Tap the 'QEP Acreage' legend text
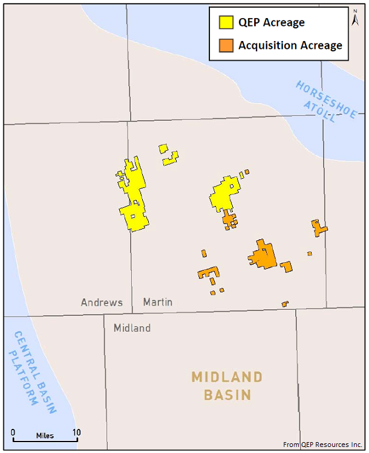click(x=272, y=23)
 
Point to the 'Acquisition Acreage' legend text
click(x=290, y=45)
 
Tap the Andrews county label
click(x=102, y=302)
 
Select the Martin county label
click(x=158, y=302)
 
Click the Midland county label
click(x=132, y=328)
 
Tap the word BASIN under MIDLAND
click(x=227, y=396)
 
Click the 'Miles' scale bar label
click(x=44, y=435)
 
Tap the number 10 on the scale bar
click(x=76, y=432)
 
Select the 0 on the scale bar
click(x=13, y=432)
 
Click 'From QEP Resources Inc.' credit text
click(x=323, y=445)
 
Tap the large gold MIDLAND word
click(x=227, y=377)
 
